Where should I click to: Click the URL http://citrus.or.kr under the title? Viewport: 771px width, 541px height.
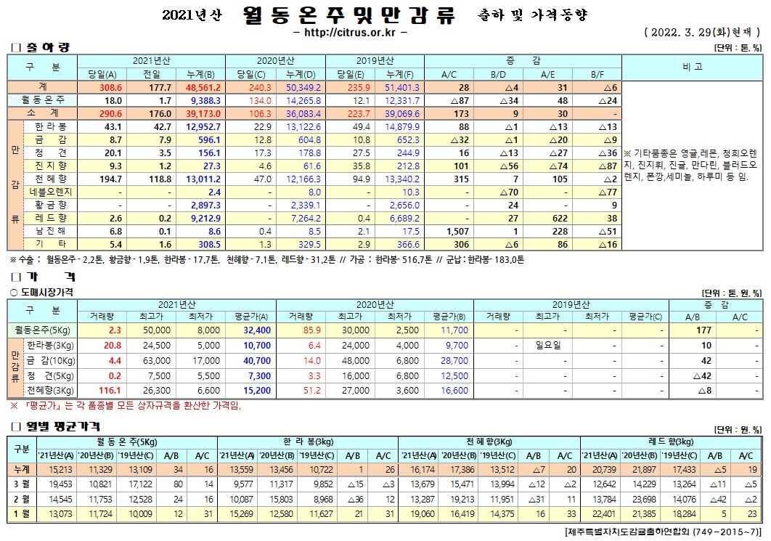(x=349, y=33)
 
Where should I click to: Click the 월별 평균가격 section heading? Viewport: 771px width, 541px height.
(x=64, y=426)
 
